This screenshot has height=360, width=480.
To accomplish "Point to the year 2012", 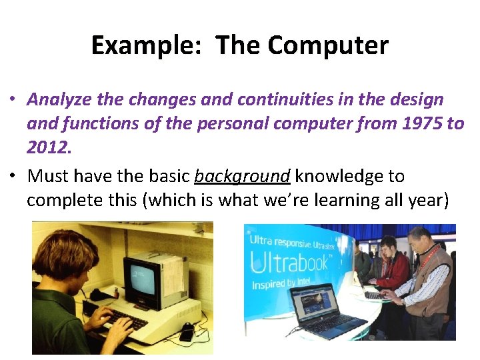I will point(49,147).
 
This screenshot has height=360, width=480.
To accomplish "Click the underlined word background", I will point(242,176).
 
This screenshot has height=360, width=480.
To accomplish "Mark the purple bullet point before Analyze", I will point(13,100).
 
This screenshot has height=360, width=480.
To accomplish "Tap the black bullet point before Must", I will point(13,177).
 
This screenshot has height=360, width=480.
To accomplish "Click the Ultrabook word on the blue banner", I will point(290,262).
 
